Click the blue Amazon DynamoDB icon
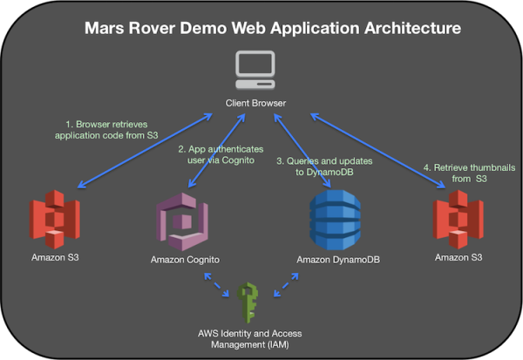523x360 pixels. (335, 223)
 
